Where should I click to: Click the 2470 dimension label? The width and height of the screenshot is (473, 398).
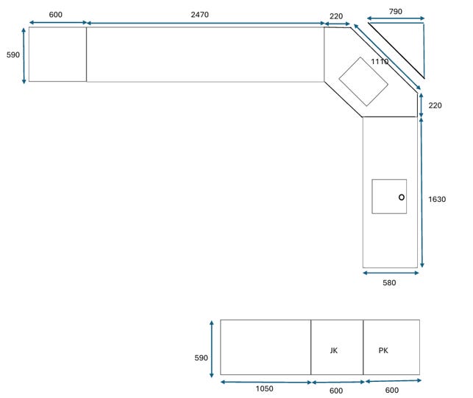pyautogui.click(x=199, y=15)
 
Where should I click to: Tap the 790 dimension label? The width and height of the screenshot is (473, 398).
pyautogui.click(x=396, y=12)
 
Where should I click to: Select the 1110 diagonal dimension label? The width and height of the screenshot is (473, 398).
pyautogui.click(x=380, y=62)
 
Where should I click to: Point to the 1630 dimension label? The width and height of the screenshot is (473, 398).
pyautogui.click(x=437, y=199)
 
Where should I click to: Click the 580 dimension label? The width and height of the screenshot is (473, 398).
pyautogui.click(x=389, y=282)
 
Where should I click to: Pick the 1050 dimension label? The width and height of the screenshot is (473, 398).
pyautogui.click(x=265, y=388)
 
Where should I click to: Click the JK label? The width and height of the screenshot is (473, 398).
pyautogui.click(x=334, y=350)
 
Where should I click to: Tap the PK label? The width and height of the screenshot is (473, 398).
pyautogui.click(x=383, y=350)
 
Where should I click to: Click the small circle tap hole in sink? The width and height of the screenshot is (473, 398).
pyautogui.click(x=402, y=198)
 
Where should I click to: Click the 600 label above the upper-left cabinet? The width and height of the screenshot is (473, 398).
pyautogui.click(x=56, y=15)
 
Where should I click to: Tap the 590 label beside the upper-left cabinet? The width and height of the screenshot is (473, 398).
pyautogui.click(x=13, y=55)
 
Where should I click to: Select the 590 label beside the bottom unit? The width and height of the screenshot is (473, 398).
pyautogui.click(x=202, y=357)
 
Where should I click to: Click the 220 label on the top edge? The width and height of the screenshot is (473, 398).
pyautogui.click(x=336, y=16)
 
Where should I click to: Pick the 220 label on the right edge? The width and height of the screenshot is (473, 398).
pyautogui.click(x=435, y=105)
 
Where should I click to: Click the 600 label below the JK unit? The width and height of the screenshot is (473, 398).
pyautogui.click(x=336, y=391)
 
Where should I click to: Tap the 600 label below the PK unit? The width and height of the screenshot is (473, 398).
pyautogui.click(x=392, y=390)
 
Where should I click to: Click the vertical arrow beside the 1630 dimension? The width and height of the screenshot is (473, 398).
pyautogui.click(x=422, y=192)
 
